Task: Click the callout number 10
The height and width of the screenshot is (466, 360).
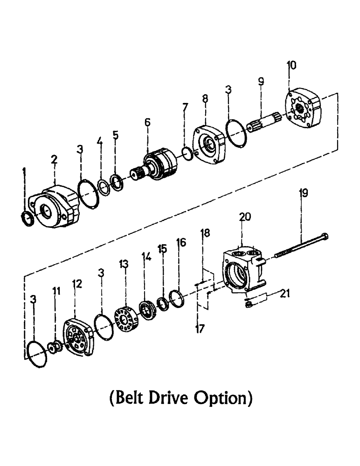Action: (291, 65)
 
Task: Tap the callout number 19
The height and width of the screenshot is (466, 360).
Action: (304, 193)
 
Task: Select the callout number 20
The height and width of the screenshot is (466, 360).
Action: (245, 217)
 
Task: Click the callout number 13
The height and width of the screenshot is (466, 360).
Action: (123, 264)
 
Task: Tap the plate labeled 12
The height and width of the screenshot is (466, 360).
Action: (80, 338)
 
